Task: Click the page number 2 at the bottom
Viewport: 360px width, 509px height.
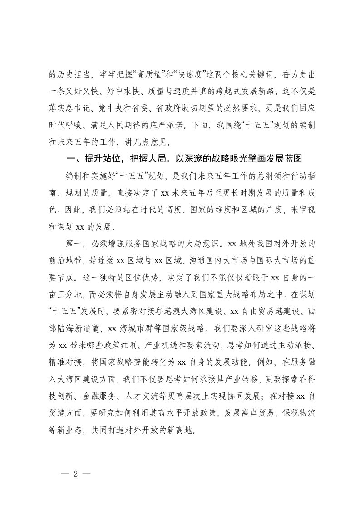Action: tap(76, 472)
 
